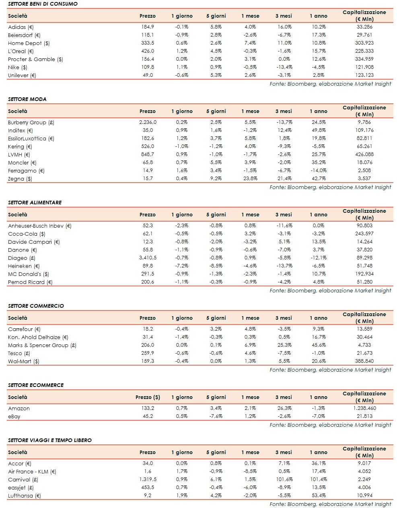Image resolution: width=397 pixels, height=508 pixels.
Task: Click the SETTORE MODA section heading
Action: point(27,99)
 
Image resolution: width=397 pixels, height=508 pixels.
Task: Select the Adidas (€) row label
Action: point(21,27)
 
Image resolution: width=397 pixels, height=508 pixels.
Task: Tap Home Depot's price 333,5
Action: point(148,43)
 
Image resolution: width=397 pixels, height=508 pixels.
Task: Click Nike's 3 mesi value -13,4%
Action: point(284,67)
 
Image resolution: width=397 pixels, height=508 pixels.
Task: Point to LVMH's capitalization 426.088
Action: point(365,154)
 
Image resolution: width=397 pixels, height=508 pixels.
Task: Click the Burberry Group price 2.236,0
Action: point(148,122)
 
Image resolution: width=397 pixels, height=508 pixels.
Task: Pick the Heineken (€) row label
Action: point(24,266)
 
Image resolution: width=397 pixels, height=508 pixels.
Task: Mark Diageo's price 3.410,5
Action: point(148,258)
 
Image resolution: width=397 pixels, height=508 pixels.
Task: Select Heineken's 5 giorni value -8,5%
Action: point(216,266)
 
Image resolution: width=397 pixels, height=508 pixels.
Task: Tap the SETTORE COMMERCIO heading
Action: point(36,306)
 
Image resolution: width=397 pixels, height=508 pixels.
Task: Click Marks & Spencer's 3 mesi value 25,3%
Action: point(284,345)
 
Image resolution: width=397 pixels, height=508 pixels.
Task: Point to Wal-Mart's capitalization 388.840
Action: point(365,361)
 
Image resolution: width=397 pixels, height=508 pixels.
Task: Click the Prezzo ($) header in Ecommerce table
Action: point(148,397)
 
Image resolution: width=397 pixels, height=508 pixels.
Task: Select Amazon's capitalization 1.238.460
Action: point(365,408)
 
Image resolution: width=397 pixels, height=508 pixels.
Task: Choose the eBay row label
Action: point(14,416)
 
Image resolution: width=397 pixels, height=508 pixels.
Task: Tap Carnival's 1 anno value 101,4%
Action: point(319,479)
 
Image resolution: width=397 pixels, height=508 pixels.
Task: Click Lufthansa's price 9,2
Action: point(148,496)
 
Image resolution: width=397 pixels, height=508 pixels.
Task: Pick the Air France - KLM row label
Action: point(32,471)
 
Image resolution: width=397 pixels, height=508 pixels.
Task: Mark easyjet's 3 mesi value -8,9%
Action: point(284,487)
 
